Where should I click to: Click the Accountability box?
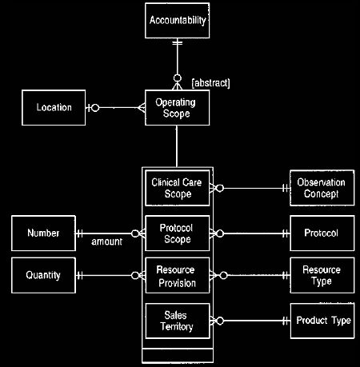tap(177, 21)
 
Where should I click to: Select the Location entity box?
tap(54, 108)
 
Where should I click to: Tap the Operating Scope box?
tap(177, 108)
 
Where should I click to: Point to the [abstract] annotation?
tap(210, 83)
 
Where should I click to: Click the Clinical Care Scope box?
tap(177, 188)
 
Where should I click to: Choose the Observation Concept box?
tap(322, 188)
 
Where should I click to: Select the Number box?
tap(43, 233)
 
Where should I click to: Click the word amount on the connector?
tap(106, 241)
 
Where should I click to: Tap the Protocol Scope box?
tap(177, 233)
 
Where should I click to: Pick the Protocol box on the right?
tap(322, 233)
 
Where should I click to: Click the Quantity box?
tap(43, 275)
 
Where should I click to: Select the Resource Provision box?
tap(178, 275)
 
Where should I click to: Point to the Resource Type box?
tap(322, 275)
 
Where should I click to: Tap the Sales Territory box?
tap(178, 321)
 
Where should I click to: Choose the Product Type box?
tap(322, 321)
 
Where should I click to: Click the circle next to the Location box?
tap(95, 108)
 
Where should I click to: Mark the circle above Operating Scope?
tap(178, 78)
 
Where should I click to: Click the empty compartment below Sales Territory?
tap(178, 355)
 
